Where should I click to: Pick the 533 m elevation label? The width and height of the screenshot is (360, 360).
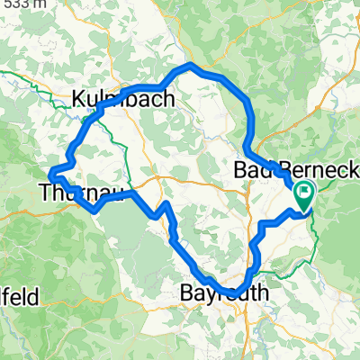pyautogui.click(x=24, y=4)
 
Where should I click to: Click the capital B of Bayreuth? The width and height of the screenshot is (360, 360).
pyautogui.click(x=184, y=293)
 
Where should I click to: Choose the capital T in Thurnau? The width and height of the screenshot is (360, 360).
pyautogui.click(x=46, y=191)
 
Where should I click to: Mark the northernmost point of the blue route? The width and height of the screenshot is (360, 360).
pyautogui.click(x=191, y=66)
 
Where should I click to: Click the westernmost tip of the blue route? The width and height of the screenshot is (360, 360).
pyautogui.click(x=49, y=171)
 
